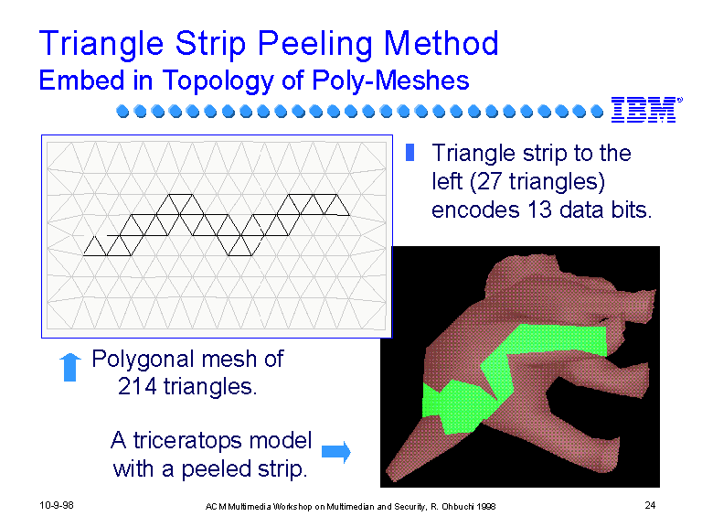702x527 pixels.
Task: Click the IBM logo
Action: pyautogui.click(x=646, y=110)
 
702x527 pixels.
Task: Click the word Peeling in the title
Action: pyautogui.click(x=314, y=45)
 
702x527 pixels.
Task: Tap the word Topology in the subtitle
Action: pyautogui.click(x=218, y=81)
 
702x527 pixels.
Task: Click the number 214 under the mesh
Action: pyautogui.click(x=137, y=386)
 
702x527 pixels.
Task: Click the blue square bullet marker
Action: pyautogui.click(x=409, y=152)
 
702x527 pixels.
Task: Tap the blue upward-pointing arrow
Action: pyautogui.click(x=69, y=367)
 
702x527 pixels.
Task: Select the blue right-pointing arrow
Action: pyautogui.click(x=336, y=452)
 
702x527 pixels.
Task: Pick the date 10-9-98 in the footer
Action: pyautogui.click(x=57, y=505)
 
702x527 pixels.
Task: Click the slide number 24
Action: pyautogui.click(x=650, y=505)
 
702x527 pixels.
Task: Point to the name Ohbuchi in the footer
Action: pyautogui.click(x=458, y=506)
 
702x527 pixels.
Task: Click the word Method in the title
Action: pyautogui.click(x=441, y=43)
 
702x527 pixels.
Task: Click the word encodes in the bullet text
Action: pyautogui.click(x=475, y=210)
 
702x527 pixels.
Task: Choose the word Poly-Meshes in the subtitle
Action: pyautogui.click(x=390, y=81)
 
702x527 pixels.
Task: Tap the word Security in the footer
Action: pyautogui.click(x=410, y=507)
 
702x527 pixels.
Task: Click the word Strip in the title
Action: pyautogui.click(x=210, y=45)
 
